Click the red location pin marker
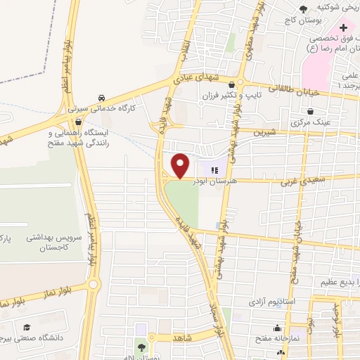click(x=181, y=165)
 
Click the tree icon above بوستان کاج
click(x=302, y=8)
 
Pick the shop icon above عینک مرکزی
click(x=309, y=112)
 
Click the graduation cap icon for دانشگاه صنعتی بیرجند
click(x=27, y=327)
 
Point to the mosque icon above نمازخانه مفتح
click(x=278, y=328)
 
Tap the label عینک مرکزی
click(x=309, y=122)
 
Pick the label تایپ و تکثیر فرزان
click(x=263, y=94)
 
